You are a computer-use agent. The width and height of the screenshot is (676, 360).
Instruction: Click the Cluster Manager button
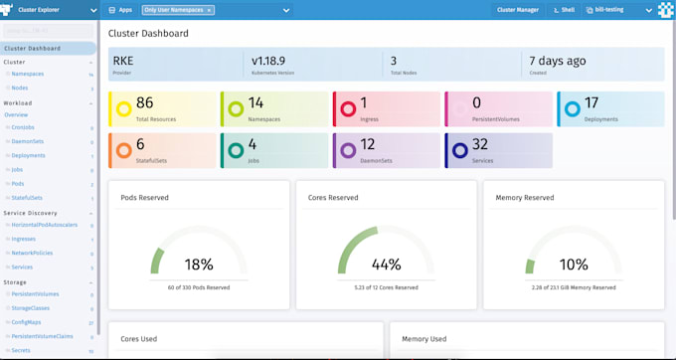point(518,10)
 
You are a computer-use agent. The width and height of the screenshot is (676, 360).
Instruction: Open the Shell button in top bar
point(563,10)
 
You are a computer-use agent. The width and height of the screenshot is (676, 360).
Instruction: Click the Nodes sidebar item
point(20,88)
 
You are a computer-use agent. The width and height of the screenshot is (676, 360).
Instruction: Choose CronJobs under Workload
point(23,127)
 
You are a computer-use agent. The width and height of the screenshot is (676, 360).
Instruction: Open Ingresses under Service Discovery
point(25,240)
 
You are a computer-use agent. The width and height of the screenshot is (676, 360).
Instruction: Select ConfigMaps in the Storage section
point(26,322)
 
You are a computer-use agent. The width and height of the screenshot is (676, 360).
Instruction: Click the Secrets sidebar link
point(21,350)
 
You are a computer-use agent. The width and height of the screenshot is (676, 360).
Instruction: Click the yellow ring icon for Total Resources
point(123,108)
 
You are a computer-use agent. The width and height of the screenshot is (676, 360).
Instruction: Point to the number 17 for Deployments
point(591,102)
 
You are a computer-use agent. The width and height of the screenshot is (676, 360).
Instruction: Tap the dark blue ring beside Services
point(459,151)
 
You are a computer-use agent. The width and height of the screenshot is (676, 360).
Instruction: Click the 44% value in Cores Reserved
point(386,265)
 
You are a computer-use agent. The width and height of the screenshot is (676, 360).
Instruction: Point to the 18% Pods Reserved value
point(199,265)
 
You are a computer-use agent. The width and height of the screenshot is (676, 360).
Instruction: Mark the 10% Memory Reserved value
point(574,265)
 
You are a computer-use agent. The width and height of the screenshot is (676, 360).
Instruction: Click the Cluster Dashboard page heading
point(148,33)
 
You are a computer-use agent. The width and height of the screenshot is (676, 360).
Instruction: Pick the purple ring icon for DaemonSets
point(347,151)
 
